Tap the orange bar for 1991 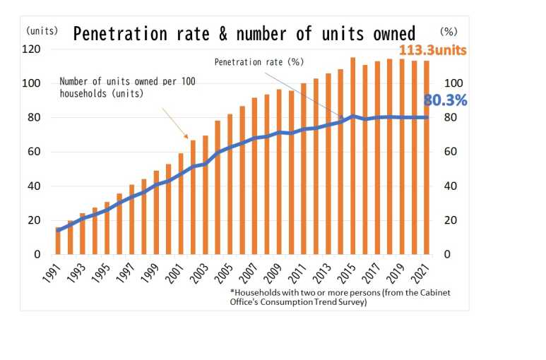pyautogui.click(x=58, y=241)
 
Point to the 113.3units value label pyautogui.click(x=433, y=51)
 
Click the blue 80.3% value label pyautogui.click(x=445, y=101)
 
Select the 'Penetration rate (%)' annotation pyautogui.click(x=259, y=62)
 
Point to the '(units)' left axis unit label pyautogui.click(x=42, y=31)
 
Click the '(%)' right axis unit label pyautogui.click(x=449, y=31)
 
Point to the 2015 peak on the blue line pyautogui.click(x=352, y=116)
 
